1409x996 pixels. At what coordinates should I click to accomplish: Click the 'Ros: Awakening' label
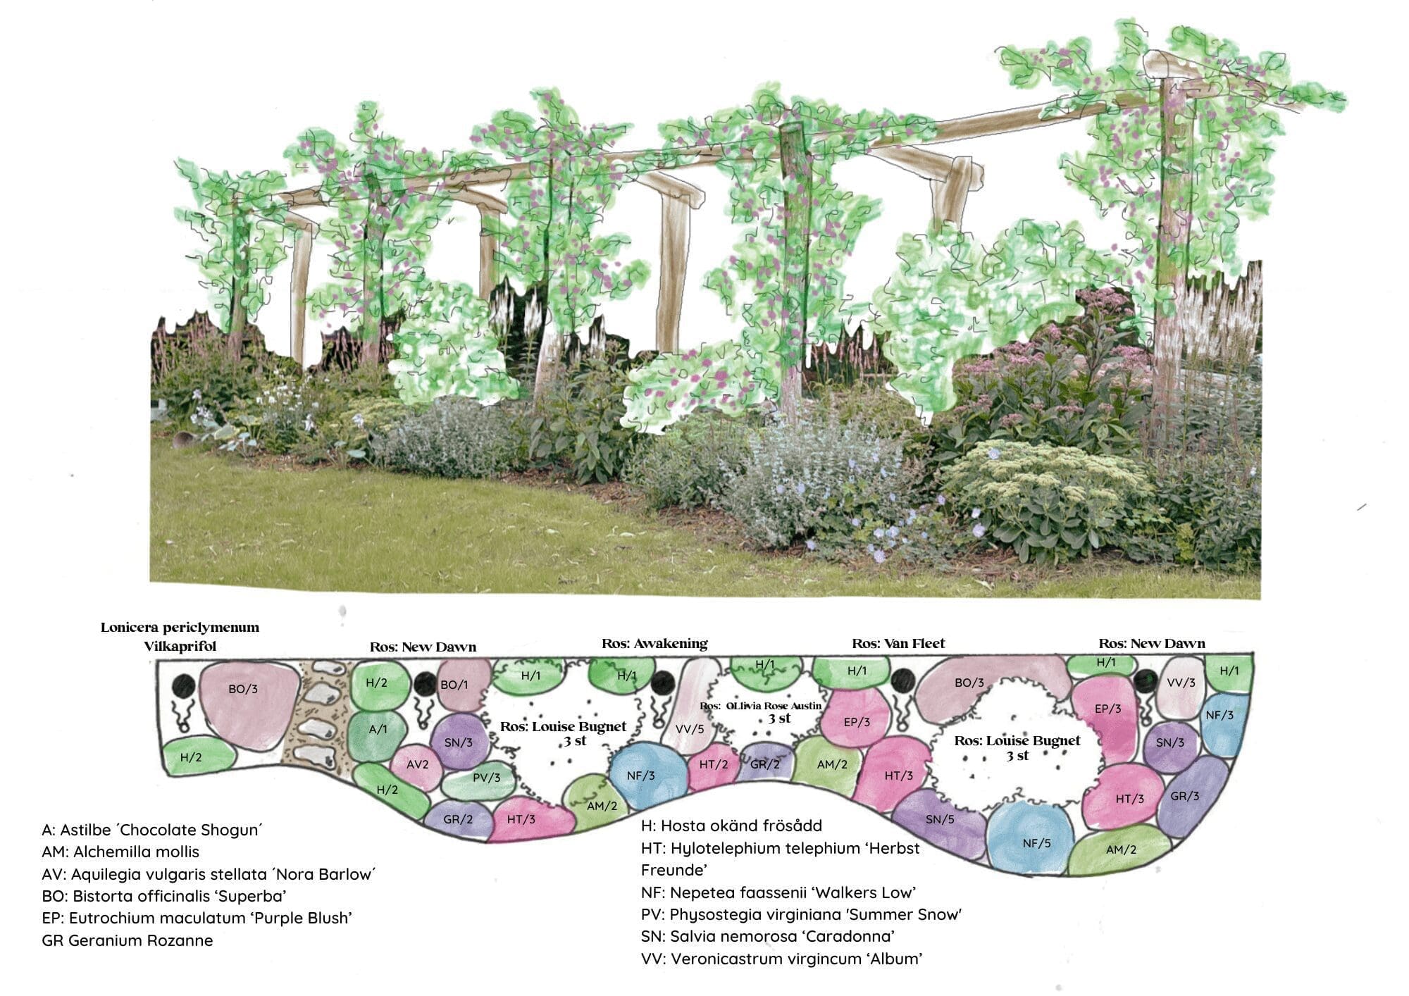coord(654,644)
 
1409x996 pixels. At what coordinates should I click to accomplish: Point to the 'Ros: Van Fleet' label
coord(898,644)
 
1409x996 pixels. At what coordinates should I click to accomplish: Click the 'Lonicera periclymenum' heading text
coord(180,628)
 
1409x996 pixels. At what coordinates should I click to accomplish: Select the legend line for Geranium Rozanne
coord(128,940)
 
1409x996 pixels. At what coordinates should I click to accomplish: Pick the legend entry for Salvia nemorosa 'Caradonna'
coord(768,937)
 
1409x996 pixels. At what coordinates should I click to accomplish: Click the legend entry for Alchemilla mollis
coord(120,852)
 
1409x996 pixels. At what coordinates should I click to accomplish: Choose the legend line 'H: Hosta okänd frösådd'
coord(731,826)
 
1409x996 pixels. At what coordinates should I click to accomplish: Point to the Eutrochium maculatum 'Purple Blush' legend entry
coord(197,919)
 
